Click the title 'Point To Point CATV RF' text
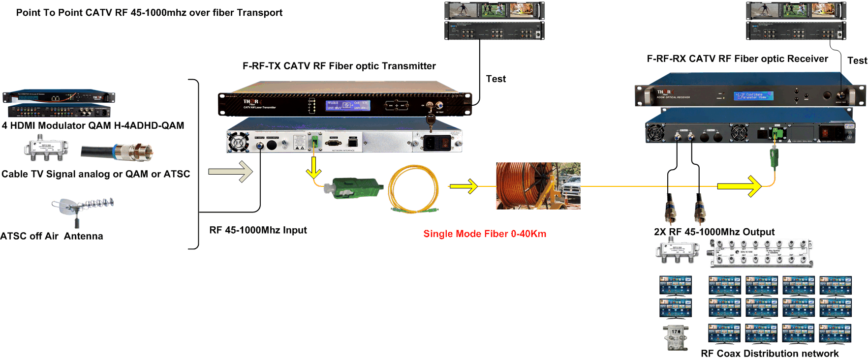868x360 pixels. [149, 13]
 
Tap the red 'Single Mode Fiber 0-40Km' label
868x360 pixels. [485, 234]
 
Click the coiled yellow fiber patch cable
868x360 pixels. [413, 189]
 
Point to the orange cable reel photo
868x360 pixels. [538, 186]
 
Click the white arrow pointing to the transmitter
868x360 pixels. [231, 172]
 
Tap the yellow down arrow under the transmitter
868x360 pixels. [313, 169]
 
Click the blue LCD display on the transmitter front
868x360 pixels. [347, 105]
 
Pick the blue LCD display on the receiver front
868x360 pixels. [753, 95]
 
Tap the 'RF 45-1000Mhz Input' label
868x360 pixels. [258, 230]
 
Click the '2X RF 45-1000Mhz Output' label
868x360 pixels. [714, 232]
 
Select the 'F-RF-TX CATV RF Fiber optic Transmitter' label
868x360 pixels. [340, 66]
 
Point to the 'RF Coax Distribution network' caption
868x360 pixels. [770, 354]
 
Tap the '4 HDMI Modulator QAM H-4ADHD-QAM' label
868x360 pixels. [93, 125]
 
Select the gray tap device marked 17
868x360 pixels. [676, 337]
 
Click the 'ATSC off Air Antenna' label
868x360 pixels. [52, 236]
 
